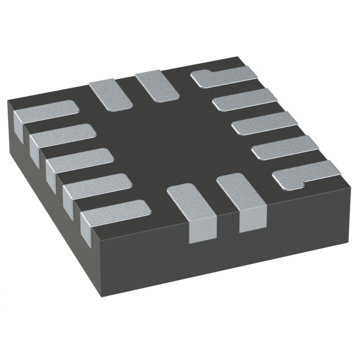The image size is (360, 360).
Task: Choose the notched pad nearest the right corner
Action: (x=304, y=174)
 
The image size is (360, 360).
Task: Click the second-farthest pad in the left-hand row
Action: (x=62, y=135)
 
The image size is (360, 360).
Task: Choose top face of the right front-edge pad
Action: (x=239, y=194)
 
